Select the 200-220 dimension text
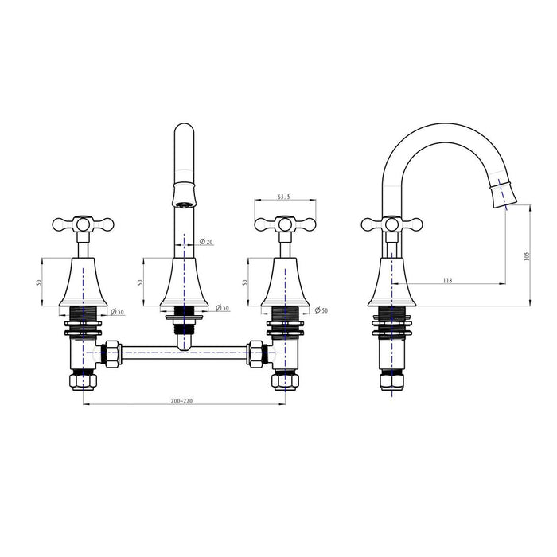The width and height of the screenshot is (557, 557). coord(182,401)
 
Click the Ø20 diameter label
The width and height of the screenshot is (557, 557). coord(206,241)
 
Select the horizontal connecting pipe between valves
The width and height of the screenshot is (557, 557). coord(183,349)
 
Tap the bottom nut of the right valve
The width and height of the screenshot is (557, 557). coord(284,380)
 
